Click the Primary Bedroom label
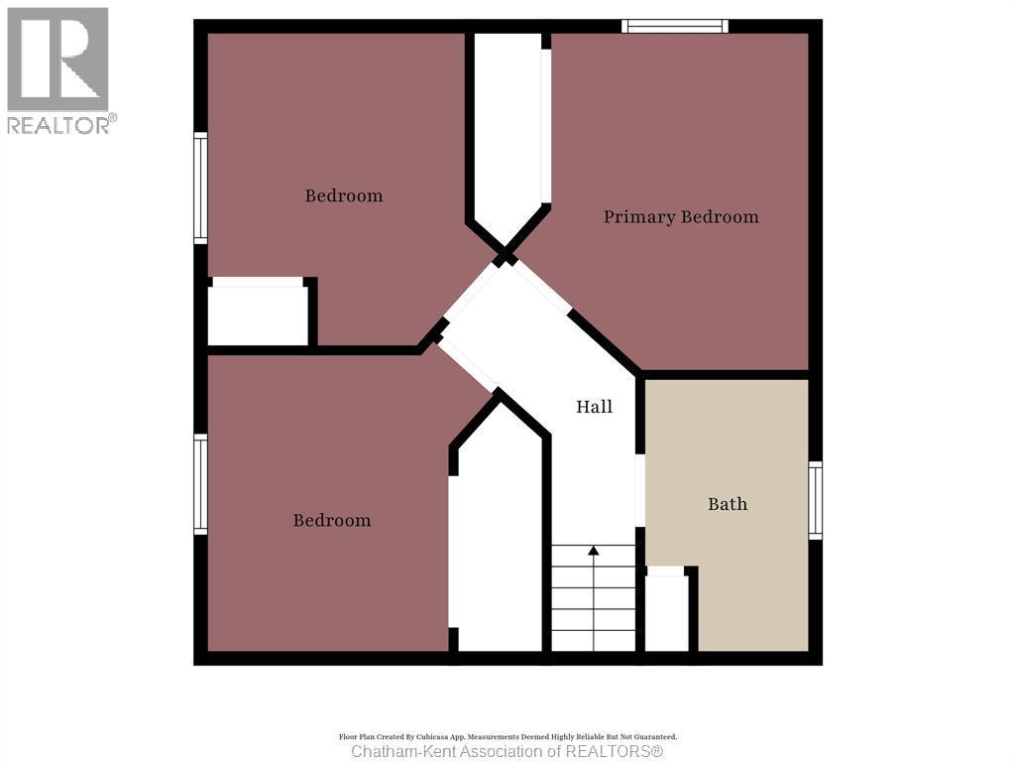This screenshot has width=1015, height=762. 681,216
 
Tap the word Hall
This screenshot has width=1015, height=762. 595,407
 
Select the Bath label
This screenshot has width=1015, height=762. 728,504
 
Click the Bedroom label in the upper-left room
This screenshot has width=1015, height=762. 344,195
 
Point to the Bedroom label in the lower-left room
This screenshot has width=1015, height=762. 332,520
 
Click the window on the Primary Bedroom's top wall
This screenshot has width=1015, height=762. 675,26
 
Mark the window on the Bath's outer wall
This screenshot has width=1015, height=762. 815,500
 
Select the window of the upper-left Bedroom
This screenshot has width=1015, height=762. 200,189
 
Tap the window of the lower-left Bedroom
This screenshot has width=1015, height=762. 200,484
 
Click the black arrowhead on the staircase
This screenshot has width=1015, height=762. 594,550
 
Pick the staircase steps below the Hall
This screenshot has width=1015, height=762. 594,600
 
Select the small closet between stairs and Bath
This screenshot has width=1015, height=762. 666,613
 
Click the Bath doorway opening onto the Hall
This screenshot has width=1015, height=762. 640,490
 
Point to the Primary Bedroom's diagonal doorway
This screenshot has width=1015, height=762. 542,285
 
